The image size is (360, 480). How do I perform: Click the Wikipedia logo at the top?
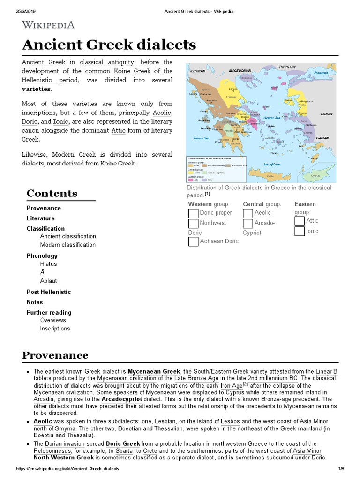tap(48, 25)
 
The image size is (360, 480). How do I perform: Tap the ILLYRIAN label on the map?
tap(197, 71)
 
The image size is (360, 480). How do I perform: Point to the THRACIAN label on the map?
tap(287, 67)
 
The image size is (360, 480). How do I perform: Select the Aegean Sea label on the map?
tap(271, 118)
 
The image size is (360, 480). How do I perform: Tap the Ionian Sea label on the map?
tap(201, 138)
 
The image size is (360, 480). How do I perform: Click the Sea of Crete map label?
tap(271, 164)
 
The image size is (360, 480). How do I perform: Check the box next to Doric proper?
tap(193, 213)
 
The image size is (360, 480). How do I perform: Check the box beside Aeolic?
tap(248, 213)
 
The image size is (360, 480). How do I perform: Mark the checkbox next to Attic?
tap(300, 221)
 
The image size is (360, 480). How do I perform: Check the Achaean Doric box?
tap(193, 241)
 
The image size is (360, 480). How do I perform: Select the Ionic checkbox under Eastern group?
tap(300, 232)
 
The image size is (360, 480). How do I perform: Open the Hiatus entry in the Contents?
tap(48, 264)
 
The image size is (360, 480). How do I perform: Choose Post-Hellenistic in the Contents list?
tap(49, 292)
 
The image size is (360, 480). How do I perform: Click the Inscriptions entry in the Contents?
tap(55, 329)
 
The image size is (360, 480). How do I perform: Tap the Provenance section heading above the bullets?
tap(55, 355)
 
